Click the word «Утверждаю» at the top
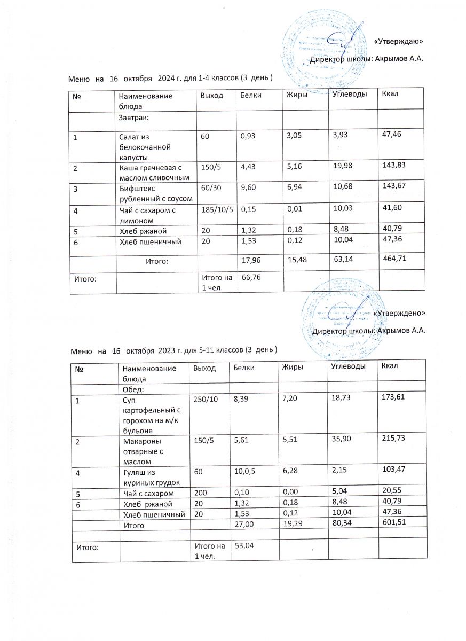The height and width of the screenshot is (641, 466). pyautogui.click(x=398, y=41)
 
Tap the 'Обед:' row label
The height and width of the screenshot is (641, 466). pyautogui.click(x=133, y=389)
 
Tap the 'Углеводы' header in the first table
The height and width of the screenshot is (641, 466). pyautogui.click(x=350, y=95)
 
